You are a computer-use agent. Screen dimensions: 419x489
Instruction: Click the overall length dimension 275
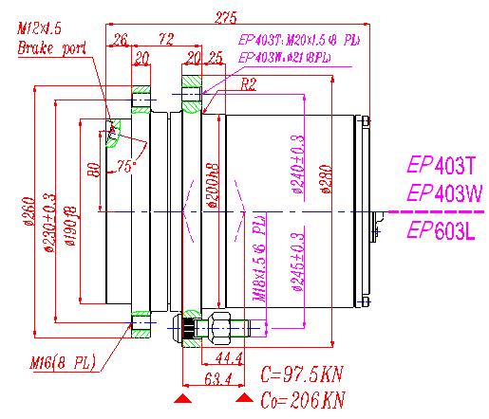point(226,16)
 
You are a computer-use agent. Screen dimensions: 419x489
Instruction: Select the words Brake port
point(48,46)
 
